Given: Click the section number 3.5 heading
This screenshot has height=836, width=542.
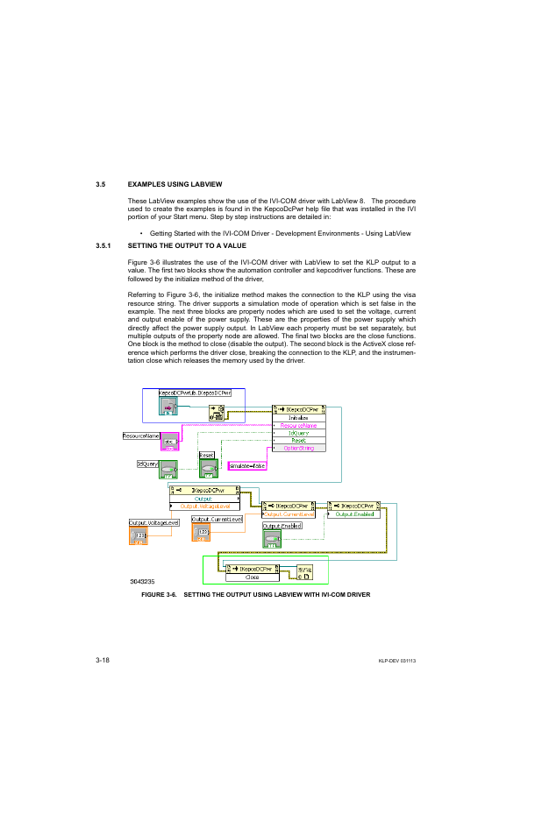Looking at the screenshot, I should [101, 184].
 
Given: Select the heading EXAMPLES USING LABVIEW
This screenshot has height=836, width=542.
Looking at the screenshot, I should [175, 184].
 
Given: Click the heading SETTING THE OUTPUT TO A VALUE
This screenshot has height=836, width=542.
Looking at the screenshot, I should [187, 246].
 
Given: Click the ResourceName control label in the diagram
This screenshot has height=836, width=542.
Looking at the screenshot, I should [140, 436].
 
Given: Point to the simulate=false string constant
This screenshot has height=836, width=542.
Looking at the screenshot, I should [247, 466].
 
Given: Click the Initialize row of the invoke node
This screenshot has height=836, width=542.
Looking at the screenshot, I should [298, 418].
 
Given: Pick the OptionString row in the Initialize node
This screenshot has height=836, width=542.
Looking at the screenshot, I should [298, 448].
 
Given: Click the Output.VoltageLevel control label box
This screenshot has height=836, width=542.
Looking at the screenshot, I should [153, 522].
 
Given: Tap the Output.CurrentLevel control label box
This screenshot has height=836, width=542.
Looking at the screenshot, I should [216, 519].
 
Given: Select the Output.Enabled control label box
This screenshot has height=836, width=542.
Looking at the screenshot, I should [282, 526].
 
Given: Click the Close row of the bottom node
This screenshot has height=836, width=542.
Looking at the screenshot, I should [252, 577].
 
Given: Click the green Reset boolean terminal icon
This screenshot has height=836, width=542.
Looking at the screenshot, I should [208, 470].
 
